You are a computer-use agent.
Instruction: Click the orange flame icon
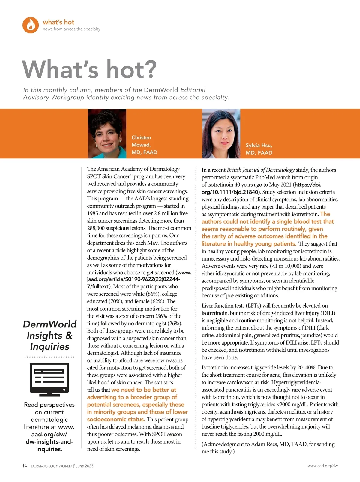point(31,25)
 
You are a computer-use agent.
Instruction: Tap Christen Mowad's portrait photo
point(107,134)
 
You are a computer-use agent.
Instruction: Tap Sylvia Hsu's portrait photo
point(221,134)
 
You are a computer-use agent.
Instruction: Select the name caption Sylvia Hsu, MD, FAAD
point(259,149)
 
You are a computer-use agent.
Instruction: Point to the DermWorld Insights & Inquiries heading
point(50,335)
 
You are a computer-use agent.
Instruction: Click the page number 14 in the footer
point(25,466)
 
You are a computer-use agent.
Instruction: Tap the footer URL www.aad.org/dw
point(322,466)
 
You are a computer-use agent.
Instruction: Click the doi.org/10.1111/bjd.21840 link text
point(229,192)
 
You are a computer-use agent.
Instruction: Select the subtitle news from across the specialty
point(71,29)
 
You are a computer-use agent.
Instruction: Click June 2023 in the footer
point(84,466)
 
